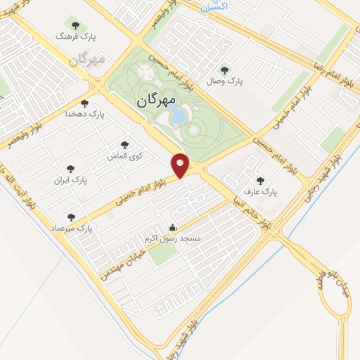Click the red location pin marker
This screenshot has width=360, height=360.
pyautogui.click(x=181, y=165)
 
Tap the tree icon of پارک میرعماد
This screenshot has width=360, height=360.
pyautogui.click(x=70, y=217)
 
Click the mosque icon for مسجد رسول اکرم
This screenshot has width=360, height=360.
pyautogui.click(x=173, y=227)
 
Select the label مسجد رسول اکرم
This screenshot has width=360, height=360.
pyautogui.click(x=173, y=239)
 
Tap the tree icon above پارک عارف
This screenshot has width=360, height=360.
pyautogui.click(x=261, y=180)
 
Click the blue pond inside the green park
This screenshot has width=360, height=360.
pyautogui.click(x=179, y=114)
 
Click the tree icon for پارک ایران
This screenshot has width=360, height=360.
pyautogui.click(x=70, y=167)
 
